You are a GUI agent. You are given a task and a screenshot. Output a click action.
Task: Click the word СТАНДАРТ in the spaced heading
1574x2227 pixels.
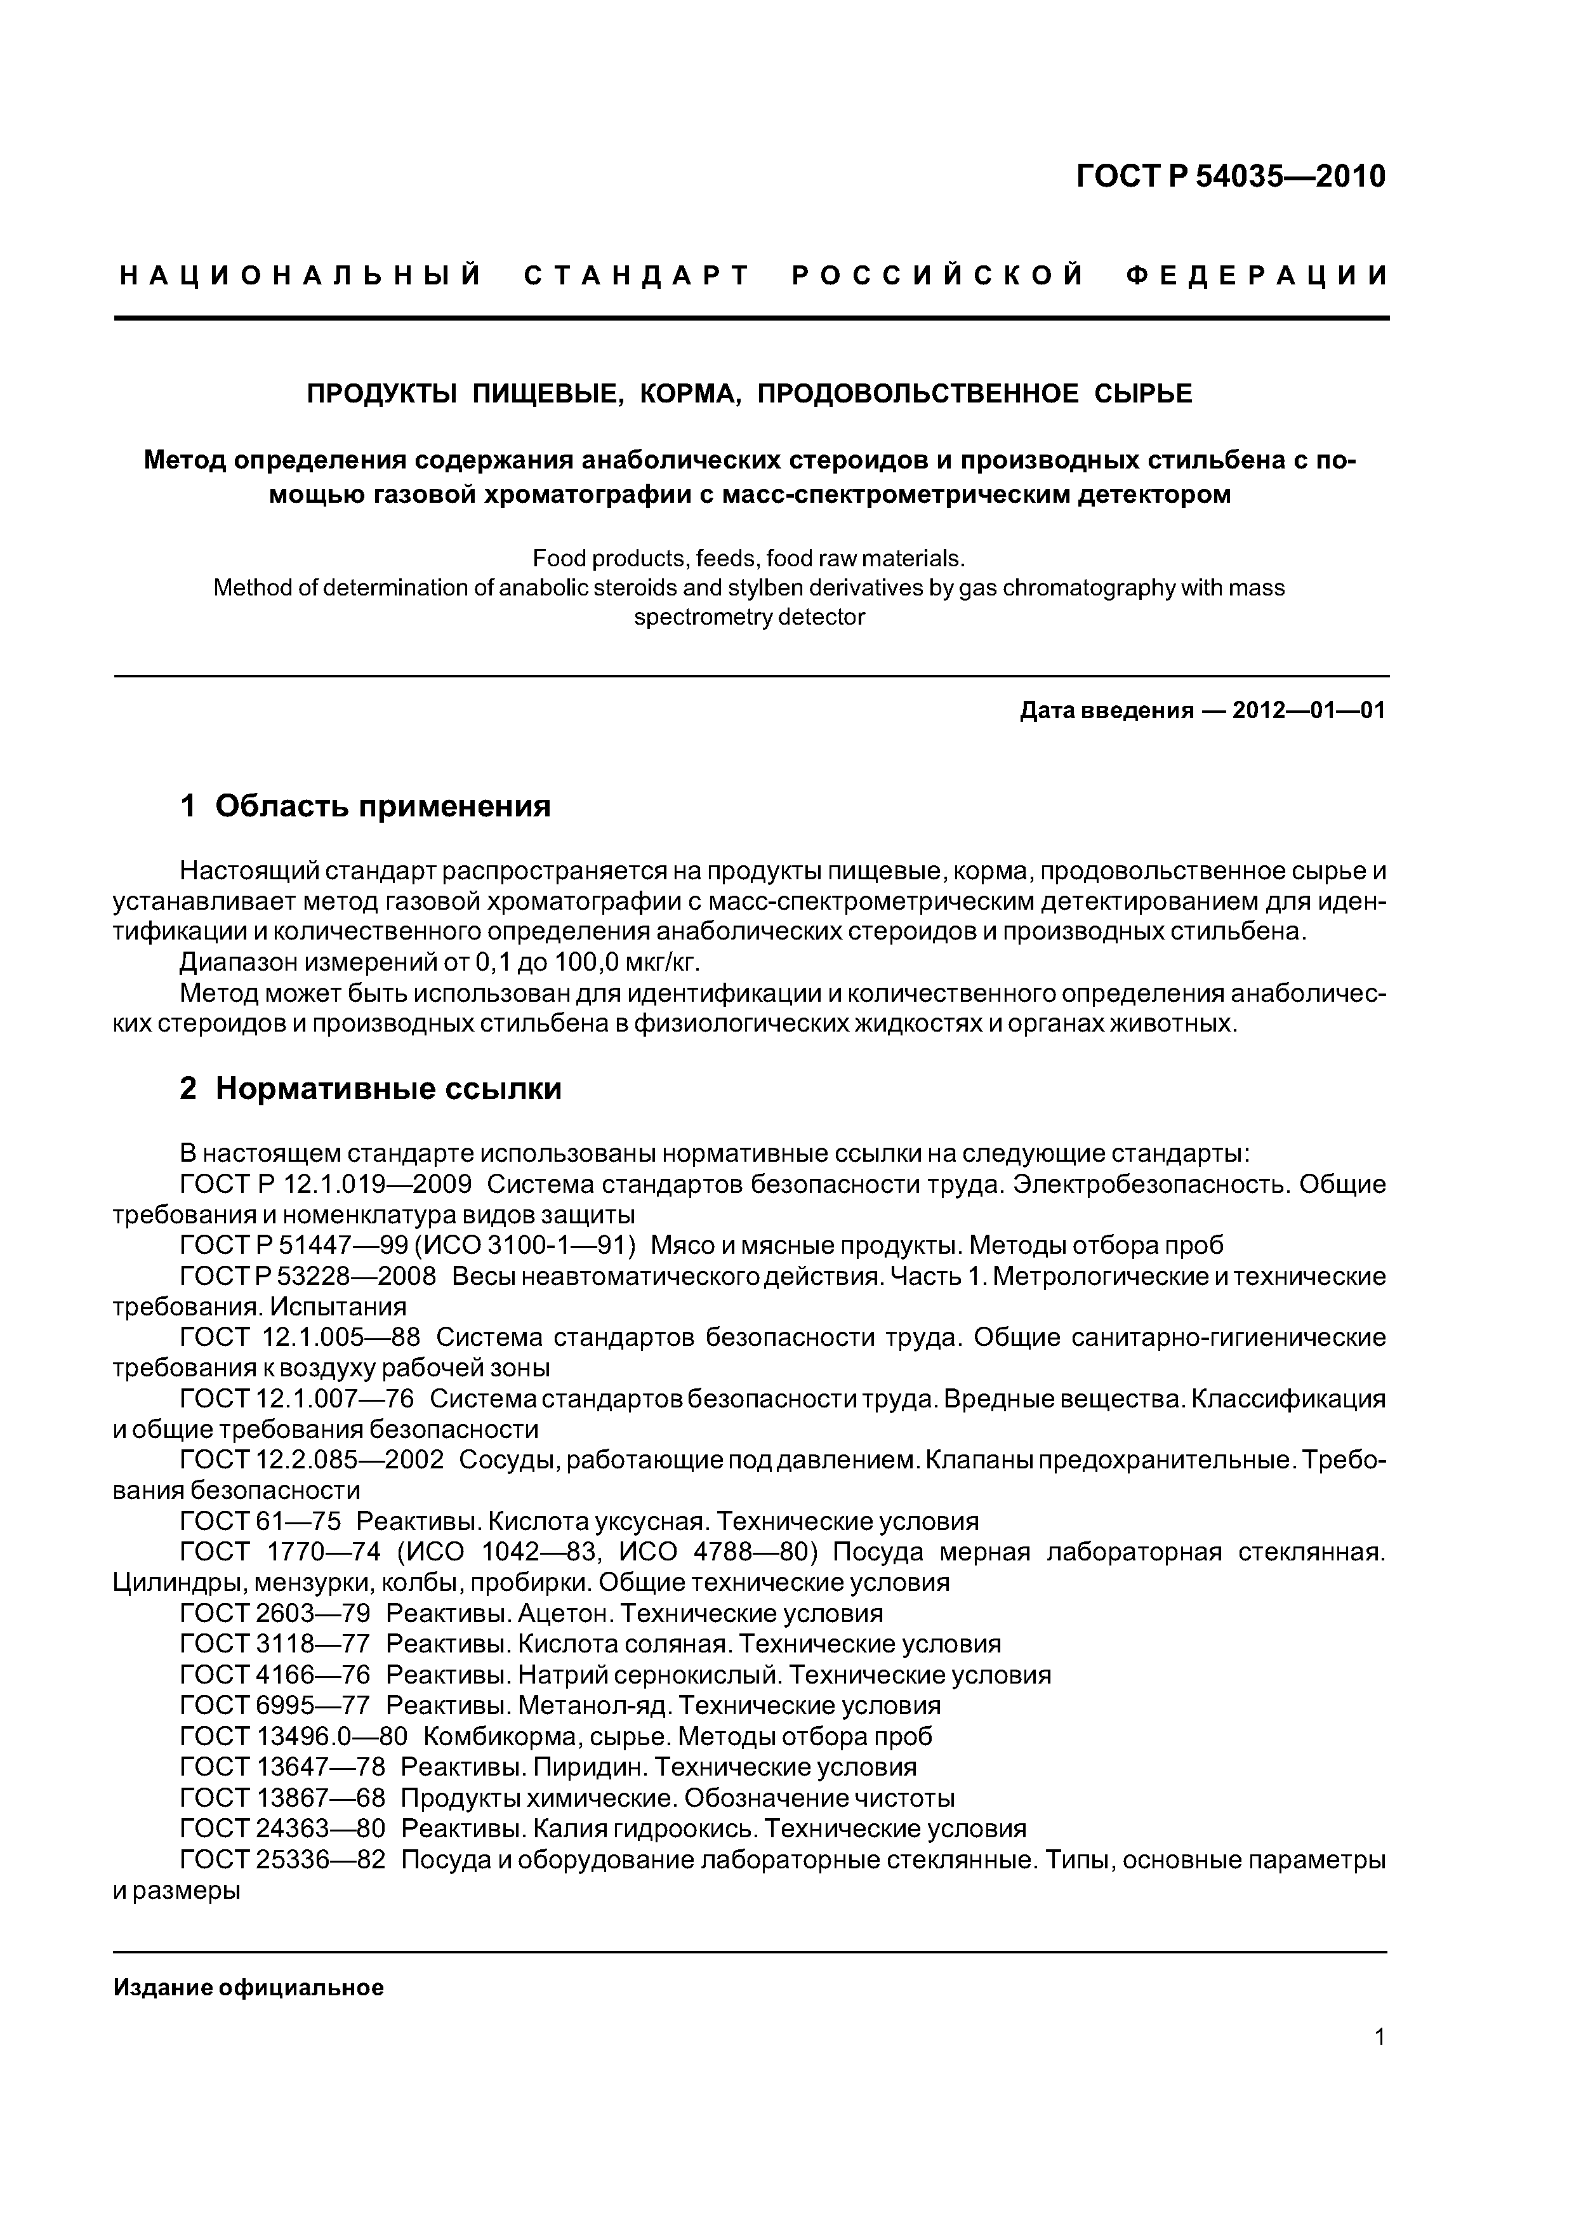tap(637, 276)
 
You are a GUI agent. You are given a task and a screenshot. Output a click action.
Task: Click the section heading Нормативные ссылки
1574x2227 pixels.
tap(388, 1089)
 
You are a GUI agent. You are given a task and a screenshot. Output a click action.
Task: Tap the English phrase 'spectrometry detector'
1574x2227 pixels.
tap(749, 617)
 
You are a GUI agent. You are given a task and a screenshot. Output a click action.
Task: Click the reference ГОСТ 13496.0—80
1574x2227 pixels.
tap(294, 1736)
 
